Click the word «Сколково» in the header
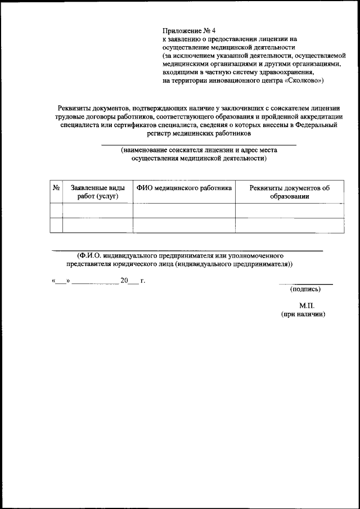pos(304,81)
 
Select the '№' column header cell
pos(56,188)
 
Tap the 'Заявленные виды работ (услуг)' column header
pos(97,192)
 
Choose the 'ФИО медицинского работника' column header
pos(184,188)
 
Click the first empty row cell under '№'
pos(56,211)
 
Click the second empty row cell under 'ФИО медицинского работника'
pos(184,226)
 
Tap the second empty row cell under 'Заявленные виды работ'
pos(97,226)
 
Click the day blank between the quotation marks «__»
pos(61,281)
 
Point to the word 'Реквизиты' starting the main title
pos(75,108)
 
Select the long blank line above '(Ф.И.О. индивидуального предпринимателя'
pos(187,250)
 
